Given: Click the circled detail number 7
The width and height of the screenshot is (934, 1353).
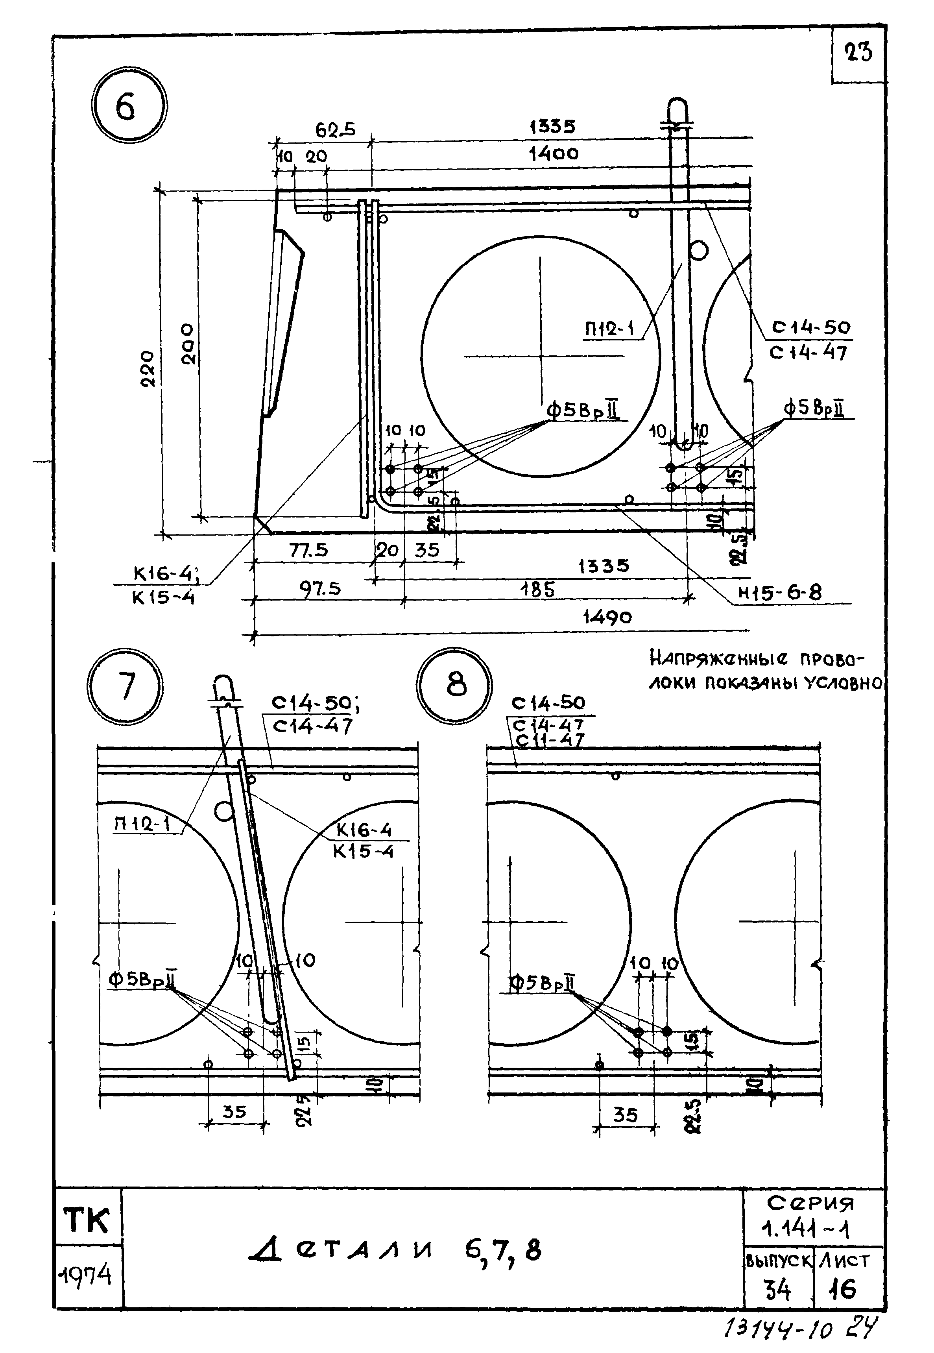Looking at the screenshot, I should click(125, 686).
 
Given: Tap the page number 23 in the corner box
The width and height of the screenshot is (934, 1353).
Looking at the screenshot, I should click(858, 53).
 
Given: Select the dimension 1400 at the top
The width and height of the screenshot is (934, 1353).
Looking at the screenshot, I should click(554, 154).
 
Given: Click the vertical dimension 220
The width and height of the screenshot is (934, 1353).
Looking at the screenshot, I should click(148, 369).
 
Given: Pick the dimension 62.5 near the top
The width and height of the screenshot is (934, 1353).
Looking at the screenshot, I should click(335, 129).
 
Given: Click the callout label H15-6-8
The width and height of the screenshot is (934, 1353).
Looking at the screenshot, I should click(779, 593).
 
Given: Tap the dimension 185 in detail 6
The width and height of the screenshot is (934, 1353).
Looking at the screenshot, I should click(537, 589).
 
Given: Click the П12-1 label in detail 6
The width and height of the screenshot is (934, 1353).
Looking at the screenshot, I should click(610, 329).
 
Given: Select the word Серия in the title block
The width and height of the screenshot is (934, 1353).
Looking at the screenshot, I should click(810, 1203).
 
